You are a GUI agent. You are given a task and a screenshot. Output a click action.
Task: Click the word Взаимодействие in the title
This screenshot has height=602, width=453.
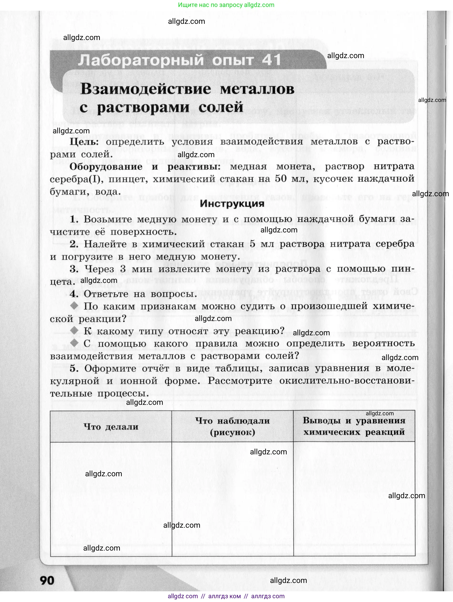(x=146, y=89)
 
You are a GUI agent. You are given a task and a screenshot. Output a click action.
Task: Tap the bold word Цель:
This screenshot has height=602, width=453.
(x=84, y=141)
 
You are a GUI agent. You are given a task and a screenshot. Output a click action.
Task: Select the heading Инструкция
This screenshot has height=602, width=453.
(x=232, y=203)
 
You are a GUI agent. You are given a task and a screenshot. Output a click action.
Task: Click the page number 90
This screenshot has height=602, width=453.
(x=47, y=580)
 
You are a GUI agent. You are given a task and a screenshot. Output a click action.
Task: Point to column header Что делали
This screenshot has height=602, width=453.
(x=111, y=426)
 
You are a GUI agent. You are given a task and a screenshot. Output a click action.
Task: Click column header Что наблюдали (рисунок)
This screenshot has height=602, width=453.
(x=232, y=426)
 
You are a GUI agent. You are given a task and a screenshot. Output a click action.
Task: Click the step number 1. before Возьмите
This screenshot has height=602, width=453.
(x=74, y=219)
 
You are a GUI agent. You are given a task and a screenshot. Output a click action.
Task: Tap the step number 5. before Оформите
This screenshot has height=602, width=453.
(x=74, y=368)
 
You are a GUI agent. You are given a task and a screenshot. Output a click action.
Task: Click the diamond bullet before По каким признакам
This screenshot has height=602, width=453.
(x=74, y=306)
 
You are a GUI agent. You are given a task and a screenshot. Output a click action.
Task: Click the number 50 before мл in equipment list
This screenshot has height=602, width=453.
(x=280, y=179)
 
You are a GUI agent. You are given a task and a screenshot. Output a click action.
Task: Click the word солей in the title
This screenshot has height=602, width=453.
(x=221, y=107)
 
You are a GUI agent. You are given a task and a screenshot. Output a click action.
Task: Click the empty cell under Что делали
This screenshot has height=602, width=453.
(x=111, y=498)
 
